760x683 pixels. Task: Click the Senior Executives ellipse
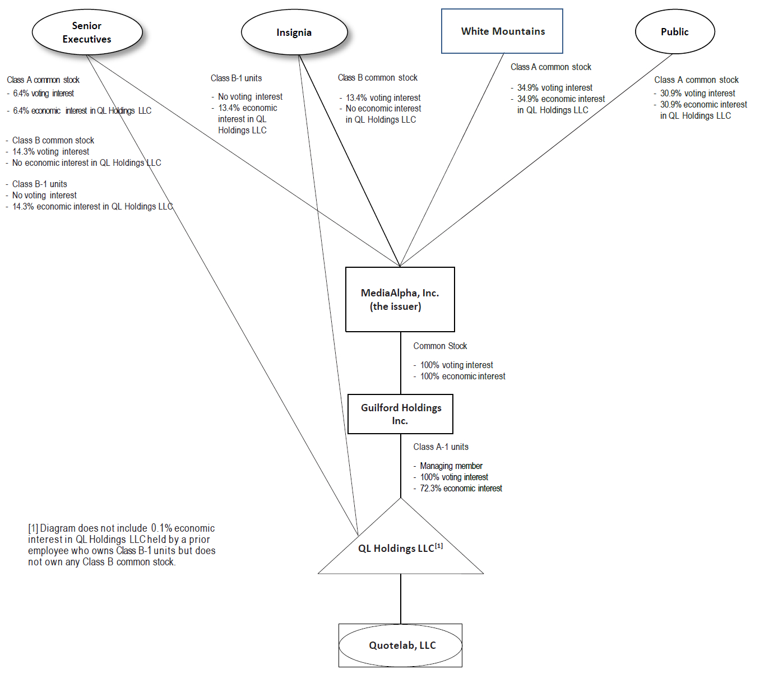(x=87, y=32)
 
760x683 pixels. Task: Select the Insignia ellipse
(x=294, y=32)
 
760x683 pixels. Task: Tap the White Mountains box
(x=502, y=31)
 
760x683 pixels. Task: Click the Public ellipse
(x=674, y=32)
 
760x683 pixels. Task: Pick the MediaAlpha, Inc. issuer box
(x=400, y=300)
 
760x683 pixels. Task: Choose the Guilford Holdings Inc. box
(x=400, y=414)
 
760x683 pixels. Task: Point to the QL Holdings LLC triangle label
(x=397, y=549)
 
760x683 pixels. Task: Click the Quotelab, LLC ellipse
(x=401, y=645)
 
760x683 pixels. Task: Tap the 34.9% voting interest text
(x=554, y=88)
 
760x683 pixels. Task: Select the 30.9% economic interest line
(x=703, y=105)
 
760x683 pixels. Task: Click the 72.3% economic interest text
(x=461, y=489)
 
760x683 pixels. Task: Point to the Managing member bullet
(x=451, y=466)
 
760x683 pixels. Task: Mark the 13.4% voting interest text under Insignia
(x=383, y=98)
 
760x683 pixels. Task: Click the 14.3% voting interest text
(x=50, y=152)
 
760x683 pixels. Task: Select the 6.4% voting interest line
(x=43, y=94)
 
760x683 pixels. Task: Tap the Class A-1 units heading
(x=441, y=447)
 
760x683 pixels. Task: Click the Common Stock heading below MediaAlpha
(x=440, y=346)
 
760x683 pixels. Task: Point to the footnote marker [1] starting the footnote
(x=33, y=528)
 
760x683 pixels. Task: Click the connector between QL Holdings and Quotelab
(x=401, y=598)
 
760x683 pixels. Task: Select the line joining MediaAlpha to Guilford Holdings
(x=401, y=363)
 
